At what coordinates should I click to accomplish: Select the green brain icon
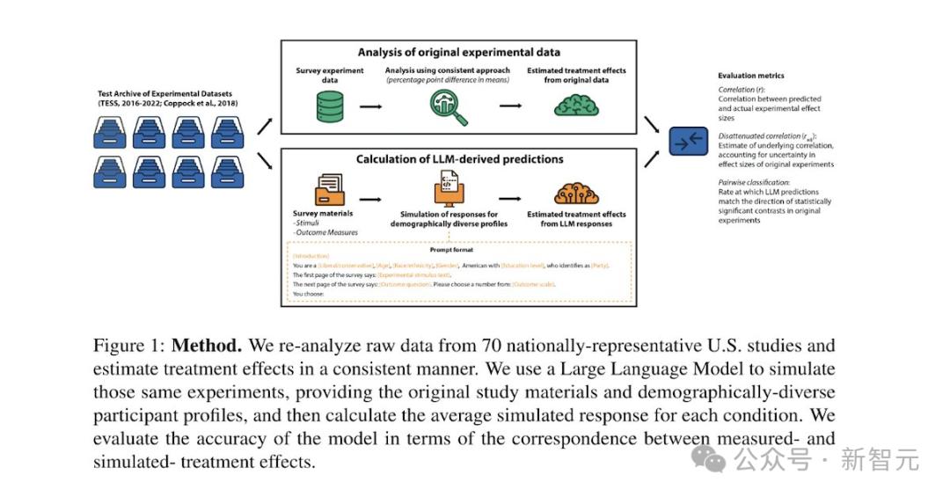tap(576, 106)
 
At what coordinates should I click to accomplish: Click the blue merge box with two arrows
tap(688, 141)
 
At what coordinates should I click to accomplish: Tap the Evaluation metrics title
tap(750, 76)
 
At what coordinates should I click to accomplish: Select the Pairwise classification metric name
tap(751, 181)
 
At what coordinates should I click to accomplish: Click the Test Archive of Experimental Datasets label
tap(164, 94)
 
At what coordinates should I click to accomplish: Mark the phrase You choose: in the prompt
tap(309, 294)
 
